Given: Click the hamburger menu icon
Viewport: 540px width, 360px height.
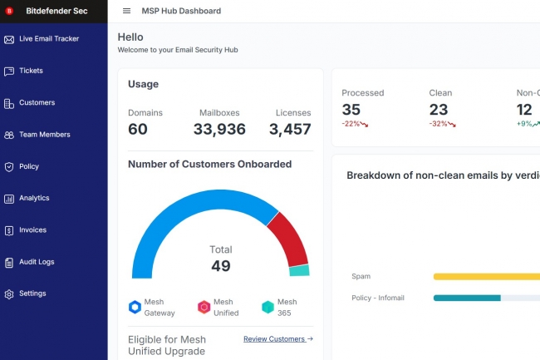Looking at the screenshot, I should (x=126, y=11).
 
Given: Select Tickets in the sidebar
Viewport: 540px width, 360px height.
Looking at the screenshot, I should (x=31, y=71).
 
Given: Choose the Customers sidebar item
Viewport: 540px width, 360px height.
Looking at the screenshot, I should (x=37, y=103).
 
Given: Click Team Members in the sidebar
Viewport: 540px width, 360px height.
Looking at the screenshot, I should (x=44, y=135).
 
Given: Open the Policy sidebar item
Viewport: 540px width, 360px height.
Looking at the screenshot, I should (x=29, y=166).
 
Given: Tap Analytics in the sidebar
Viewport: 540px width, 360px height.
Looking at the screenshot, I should (x=34, y=198).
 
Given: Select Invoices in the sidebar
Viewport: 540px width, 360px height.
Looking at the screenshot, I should (x=32, y=230).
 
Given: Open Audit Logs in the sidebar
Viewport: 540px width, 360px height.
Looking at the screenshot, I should (x=37, y=262).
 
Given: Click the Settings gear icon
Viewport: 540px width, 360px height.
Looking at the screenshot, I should (x=9, y=293).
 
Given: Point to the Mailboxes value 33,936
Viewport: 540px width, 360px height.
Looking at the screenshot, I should (x=219, y=129).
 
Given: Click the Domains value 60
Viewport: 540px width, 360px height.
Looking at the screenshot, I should (x=138, y=129).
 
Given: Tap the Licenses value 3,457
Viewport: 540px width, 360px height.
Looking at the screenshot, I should (x=290, y=129).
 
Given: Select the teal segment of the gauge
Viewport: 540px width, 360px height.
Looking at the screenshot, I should (x=299, y=271).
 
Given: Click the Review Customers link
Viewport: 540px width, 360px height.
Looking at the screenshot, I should (x=277, y=339).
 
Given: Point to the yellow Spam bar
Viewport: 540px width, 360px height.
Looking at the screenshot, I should (x=486, y=276).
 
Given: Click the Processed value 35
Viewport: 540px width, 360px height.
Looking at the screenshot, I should (x=351, y=109).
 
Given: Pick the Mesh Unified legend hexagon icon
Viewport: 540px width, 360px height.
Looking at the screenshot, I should (x=204, y=307).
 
